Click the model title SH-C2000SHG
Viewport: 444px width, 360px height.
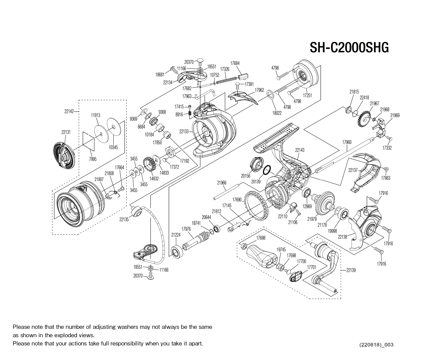(x=349, y=48)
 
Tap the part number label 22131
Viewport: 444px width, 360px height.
(x=66, y=132)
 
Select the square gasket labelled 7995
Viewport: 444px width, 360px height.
(x=89, y=141)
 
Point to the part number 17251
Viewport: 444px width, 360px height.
(x=307, y=96)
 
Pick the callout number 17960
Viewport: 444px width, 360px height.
(x=347, y=142)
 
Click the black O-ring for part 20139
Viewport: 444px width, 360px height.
(x=266, y=170)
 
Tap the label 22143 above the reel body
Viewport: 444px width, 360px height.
(x=300, y=150)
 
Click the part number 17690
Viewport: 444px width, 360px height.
(x=237, y=200)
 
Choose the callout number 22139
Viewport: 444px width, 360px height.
(x=351, y=270)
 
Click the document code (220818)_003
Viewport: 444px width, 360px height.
(x=376, y=345)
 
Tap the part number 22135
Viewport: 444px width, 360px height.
(x=124, y=220)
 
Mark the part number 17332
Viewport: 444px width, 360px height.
(x=387, y=148)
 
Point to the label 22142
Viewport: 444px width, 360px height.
(x=69, y=111)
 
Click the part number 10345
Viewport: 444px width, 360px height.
(x=113, y=147)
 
